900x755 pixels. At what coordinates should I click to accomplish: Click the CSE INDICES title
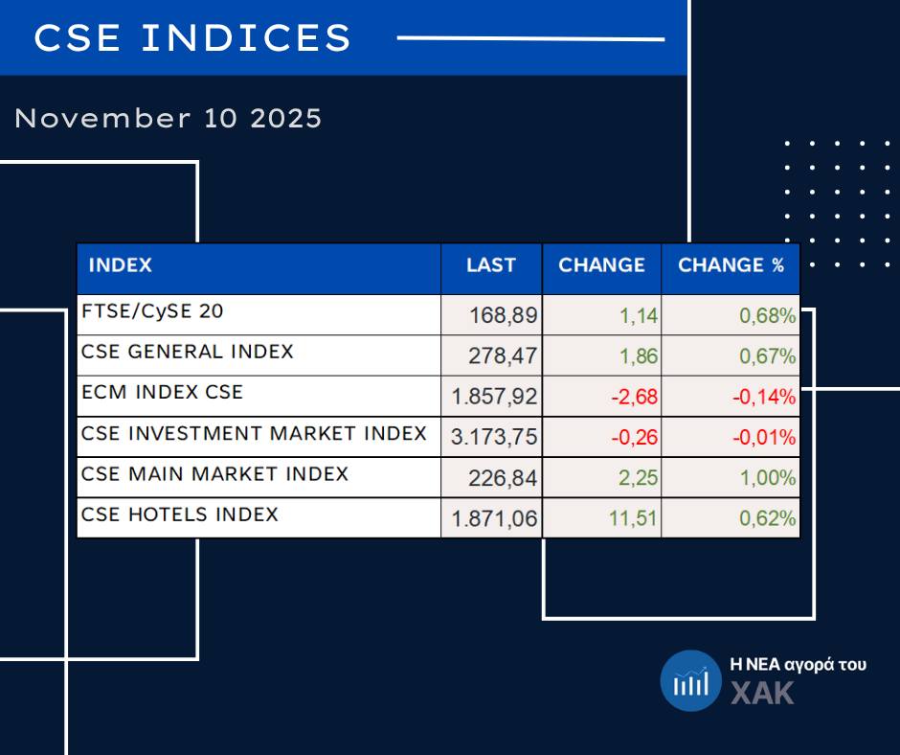point(192,38)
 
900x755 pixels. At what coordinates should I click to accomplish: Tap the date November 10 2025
point(169,119)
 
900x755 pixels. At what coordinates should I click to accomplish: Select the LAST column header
point(491,265)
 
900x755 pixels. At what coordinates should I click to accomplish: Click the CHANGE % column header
point(731,265)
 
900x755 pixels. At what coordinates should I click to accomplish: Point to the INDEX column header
point(120,265)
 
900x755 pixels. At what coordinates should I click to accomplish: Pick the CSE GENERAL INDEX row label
point(188,352)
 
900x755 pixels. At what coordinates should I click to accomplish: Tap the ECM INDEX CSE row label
point(163,392)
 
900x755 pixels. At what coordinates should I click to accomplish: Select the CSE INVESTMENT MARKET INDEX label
point(254,433)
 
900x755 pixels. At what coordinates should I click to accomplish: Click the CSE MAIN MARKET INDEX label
point(214,473)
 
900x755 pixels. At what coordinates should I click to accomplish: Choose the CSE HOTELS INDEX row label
point(180,515)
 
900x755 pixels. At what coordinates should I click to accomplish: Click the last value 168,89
point(504,315)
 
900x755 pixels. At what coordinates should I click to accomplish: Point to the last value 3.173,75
point(495,438)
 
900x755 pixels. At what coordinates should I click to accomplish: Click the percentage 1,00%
point(767,478)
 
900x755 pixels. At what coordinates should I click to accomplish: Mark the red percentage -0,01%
point(764,438)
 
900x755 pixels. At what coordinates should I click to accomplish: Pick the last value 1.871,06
point(495,519)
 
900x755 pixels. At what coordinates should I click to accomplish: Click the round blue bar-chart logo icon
point(690,681)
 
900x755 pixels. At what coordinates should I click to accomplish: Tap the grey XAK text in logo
point(762,693)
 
